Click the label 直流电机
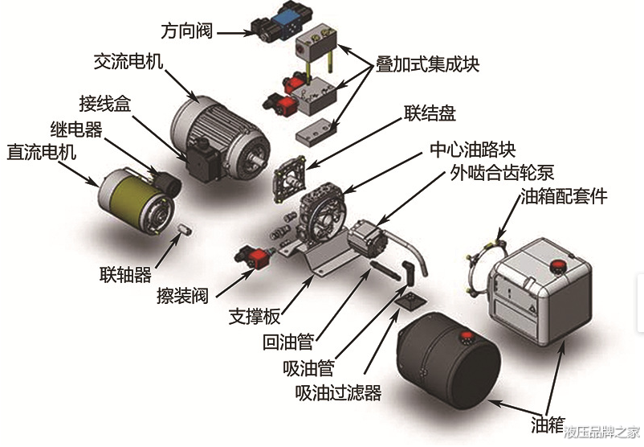coord(41,151)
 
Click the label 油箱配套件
coord(564,195)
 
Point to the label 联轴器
coord(125,275)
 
